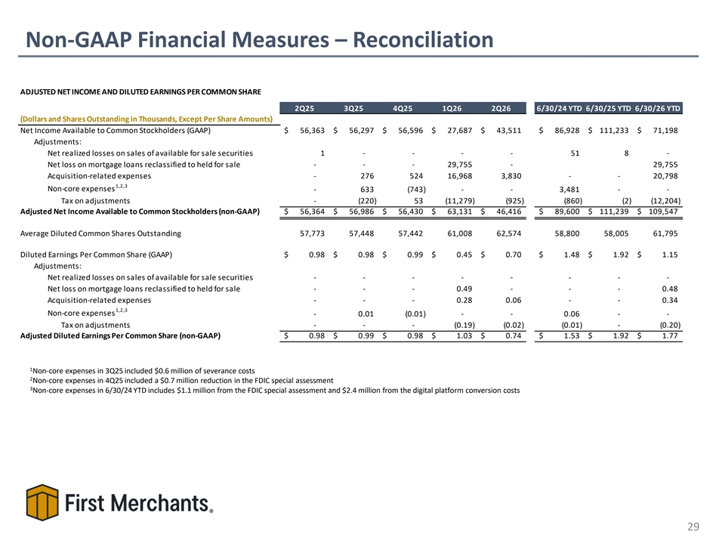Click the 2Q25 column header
pyautogui.click(x=304, y=108)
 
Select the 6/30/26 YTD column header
pyautogui.click(x=658, y=108)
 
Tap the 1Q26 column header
pyautogui.click(x=452, y=108)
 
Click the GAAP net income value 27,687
pyautogui.click(x=460, y=131)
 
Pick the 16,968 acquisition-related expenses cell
pyautogui.click(x=460, y=176)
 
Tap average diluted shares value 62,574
pyautogui.click(x=508, y=233)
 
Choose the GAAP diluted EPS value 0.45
pyautogui.click(x=464, y=255)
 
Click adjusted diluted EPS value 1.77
pyautogui.click(x=670, y=335)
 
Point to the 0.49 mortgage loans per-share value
pyautogui.click(x=464, y=289)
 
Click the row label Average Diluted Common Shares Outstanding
pyautogui.click(x=100, y=233)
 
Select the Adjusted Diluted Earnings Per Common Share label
pyautogui.click(x=120, y=335)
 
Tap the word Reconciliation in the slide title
pyautogui.click(x=423, y=39)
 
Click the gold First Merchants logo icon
pyautogui.click(x=42, y=502)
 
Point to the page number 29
pyautogui.click(x=693, y=527)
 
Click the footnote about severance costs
pyautogui.click(x=143, y=370)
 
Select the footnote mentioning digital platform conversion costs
pyautogui.click(x=275, y=390)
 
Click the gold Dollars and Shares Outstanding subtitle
pyautogui.click(x=147, y=119)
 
